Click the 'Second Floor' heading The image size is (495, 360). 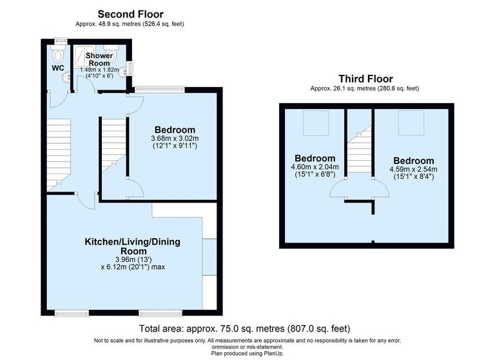[x=130, y=14]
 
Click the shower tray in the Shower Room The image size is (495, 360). [x=83, y=55]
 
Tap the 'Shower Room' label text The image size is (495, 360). [x=99, y=60]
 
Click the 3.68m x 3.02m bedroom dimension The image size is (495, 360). [x=174, y=138]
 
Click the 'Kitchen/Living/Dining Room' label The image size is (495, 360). [x=132, y=246]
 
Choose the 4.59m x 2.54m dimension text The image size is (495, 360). [x=414, y=170]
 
